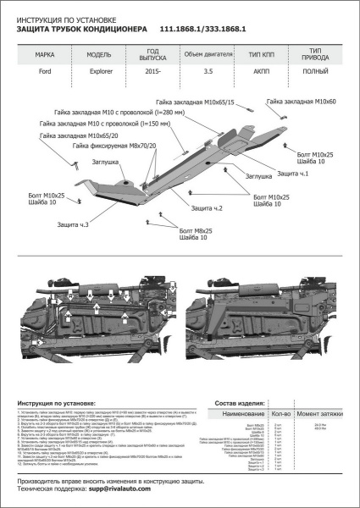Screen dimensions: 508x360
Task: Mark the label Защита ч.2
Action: (x=207, y=208)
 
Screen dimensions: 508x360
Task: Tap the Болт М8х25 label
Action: (x=197, y=229)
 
